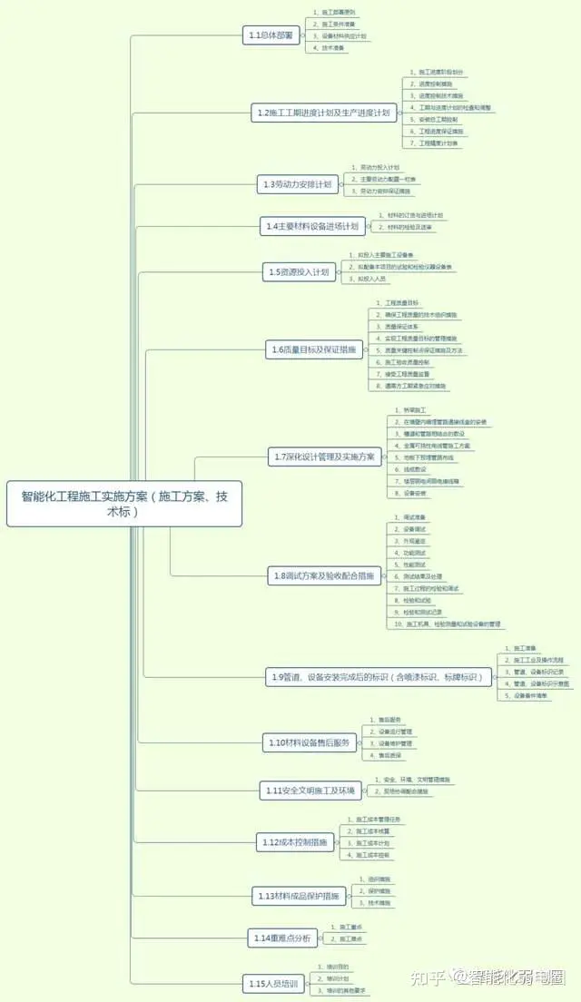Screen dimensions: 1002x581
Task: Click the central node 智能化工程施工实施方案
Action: tap(124, 504)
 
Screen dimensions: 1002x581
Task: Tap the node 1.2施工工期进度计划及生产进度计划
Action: tap(323, 113)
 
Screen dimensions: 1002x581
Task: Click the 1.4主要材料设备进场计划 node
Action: tap(311, 225)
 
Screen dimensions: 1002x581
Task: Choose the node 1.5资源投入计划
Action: tap(299, 271)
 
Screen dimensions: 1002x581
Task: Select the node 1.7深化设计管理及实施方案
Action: tap(323, 457)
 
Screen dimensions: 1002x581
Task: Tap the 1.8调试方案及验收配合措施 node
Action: tap(323, 575)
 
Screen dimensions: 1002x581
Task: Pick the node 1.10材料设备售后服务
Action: tap(309, 742)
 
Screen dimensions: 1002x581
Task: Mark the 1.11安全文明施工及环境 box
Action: tap(310, 790)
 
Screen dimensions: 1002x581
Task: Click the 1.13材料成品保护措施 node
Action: tap(300, 896)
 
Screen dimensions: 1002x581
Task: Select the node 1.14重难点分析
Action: tap(282, 938)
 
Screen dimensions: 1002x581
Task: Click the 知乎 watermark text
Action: tap(428, 977)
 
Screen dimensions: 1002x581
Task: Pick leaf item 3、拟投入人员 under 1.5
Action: tap(367, 280)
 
